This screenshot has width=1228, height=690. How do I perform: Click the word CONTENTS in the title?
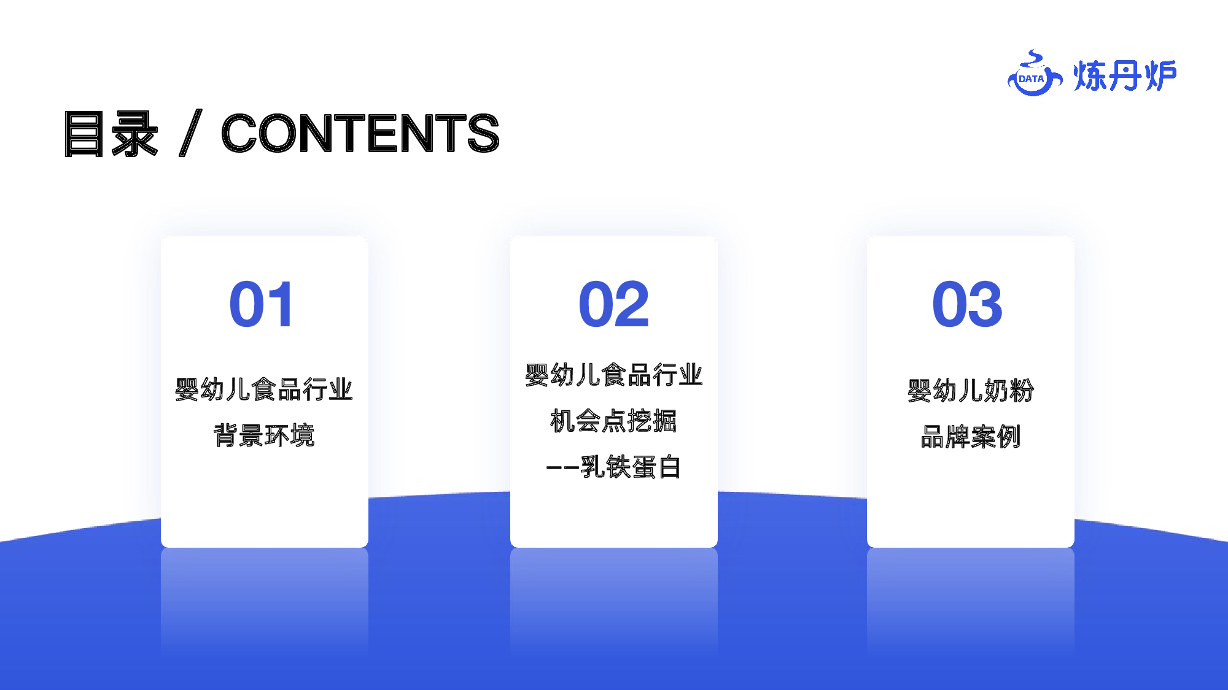point(360,133)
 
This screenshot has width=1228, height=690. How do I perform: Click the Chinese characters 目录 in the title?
point(111,134)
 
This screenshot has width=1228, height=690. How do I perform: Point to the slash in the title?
point(190,133)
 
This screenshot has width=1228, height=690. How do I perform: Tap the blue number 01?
point(262,304)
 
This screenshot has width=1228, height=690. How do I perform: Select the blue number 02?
point(614,304)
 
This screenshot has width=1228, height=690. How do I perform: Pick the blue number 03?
point(968,304)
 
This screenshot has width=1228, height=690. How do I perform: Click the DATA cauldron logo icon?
point(1035,74)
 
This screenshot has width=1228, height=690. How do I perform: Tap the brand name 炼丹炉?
point(1125,76)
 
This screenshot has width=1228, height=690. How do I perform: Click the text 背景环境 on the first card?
point(264,435)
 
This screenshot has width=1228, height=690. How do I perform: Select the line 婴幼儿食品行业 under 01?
point(264,389)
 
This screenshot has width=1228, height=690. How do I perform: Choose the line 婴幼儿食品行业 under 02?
point(614,375)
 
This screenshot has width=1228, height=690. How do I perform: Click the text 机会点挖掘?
point(614,421)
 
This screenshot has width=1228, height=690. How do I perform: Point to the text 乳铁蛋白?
point(631,467)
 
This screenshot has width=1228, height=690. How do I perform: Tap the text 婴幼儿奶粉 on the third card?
point(971,390)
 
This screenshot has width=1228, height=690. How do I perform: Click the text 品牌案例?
point(971,437)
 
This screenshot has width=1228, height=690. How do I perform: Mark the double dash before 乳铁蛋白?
point(562,468)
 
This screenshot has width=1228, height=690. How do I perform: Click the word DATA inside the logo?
point(1032,79)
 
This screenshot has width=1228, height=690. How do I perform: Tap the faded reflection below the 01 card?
point(265,604)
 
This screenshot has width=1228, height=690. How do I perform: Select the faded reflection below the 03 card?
point(971,604)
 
